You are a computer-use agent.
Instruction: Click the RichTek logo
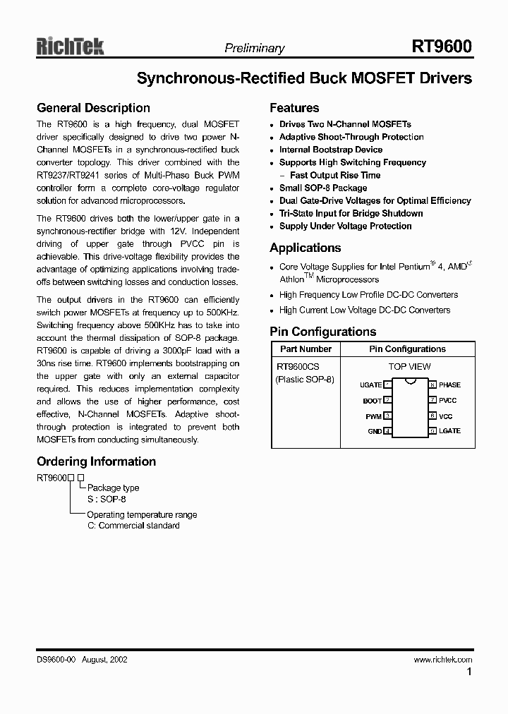70,47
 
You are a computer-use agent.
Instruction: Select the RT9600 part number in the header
442,47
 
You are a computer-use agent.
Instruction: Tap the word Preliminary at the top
254,49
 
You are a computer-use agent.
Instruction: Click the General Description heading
93,108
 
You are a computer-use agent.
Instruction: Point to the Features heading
294,108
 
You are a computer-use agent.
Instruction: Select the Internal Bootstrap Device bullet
330,150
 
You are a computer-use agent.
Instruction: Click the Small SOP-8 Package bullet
322,188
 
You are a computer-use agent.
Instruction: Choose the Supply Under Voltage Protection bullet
345,226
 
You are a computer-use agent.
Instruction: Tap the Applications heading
305,248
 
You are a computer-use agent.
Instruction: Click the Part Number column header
306,349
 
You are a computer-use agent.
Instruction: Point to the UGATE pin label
370,385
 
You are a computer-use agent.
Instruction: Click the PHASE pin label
449,385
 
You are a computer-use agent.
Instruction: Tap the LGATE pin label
449,431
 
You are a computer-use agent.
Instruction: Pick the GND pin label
375,431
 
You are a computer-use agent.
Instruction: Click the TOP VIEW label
409,367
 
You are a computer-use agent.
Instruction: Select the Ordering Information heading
96,461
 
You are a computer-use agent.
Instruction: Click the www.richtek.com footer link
442,660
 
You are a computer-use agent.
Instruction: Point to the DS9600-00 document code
56,660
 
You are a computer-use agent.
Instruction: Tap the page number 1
468,672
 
